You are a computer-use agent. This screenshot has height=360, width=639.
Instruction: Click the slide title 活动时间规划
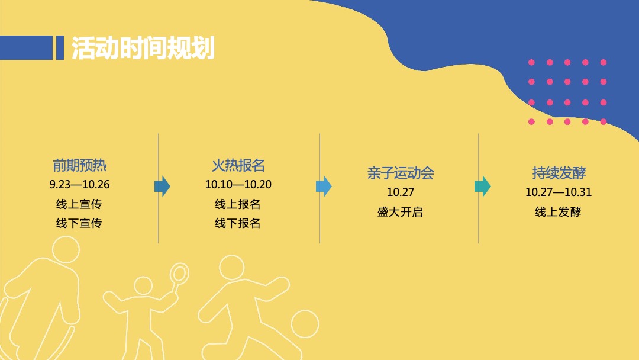pos(143,48)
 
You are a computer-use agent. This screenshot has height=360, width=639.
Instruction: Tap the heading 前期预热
pos(79,165)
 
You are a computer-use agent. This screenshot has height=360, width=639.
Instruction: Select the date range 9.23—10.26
pos(79,185)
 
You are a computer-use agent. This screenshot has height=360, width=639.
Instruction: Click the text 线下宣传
pos(79,223)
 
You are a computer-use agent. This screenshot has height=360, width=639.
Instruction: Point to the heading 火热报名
pos(238,165)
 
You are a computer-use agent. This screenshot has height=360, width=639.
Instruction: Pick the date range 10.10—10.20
pos(238,185)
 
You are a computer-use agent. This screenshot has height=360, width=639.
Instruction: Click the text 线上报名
pos(238,204)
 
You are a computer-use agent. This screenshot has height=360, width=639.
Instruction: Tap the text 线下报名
pos(238,223)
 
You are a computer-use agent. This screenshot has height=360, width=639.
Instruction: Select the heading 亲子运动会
pos(400,173)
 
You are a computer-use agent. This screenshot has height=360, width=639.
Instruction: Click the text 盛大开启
pos(400,212)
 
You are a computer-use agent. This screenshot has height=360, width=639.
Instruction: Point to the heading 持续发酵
pos(559,173)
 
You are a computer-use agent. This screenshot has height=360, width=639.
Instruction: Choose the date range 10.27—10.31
pos(559,192)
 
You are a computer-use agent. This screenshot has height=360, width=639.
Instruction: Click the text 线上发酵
pos(559,212)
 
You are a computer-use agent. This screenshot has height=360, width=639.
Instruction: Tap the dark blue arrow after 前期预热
pos(162,187)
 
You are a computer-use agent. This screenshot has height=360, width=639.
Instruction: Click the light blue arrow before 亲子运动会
pos(324,187)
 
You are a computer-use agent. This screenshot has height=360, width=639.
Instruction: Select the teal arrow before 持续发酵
pos(482,187)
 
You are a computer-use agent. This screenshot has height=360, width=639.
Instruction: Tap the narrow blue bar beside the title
pos(59,48)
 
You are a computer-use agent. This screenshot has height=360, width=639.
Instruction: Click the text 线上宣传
pos(79,204)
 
